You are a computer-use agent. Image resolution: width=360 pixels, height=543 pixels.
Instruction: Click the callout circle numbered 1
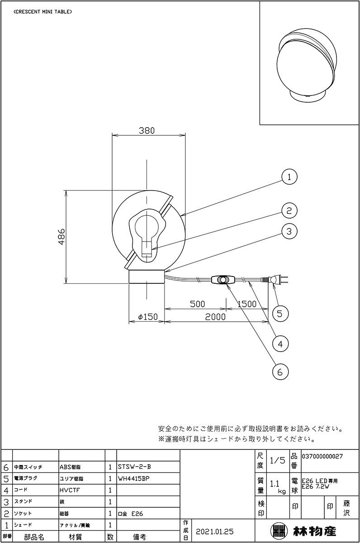289,177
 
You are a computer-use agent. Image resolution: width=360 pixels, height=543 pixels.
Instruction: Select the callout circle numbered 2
289,210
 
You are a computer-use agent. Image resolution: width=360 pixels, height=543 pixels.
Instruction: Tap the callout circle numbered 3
289,231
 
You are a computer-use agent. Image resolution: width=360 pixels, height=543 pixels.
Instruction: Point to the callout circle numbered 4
280,343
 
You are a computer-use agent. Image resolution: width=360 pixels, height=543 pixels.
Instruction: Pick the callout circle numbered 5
280,313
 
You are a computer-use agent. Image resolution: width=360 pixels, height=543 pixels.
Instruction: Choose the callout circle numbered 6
280,372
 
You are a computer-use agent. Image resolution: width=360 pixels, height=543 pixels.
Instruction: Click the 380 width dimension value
147,130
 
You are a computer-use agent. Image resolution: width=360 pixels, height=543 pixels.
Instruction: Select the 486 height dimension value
62,236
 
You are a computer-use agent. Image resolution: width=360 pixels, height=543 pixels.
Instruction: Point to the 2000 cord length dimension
215,317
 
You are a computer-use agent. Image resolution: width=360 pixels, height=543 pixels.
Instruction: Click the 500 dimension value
197,304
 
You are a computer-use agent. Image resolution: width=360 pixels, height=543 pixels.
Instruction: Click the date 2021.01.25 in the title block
215,530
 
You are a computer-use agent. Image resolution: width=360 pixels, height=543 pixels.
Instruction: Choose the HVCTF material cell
71,490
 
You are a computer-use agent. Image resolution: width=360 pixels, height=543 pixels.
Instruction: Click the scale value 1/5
277,461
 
